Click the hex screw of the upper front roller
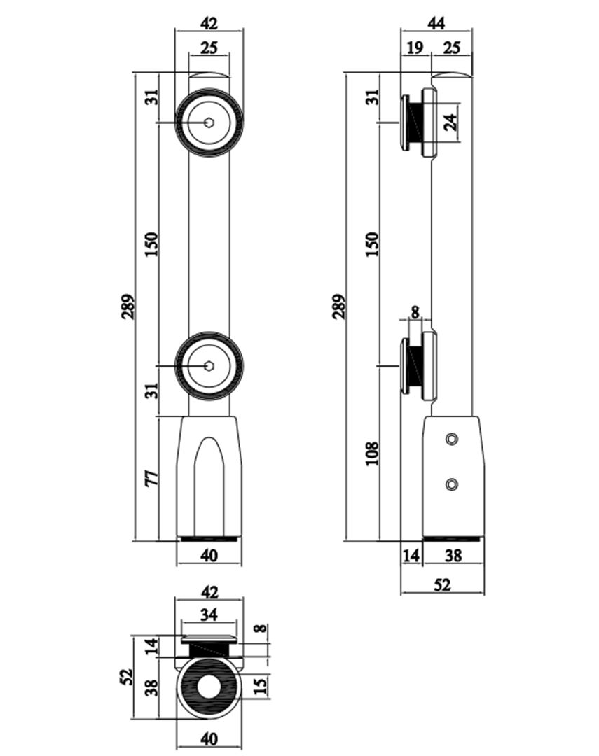click(209, 122)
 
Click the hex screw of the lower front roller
click(209, 366)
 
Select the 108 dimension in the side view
click(372, 454)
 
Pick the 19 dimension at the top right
click(414, 48)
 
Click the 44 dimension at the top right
click(436, 23)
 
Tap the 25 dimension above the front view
click(209, 48)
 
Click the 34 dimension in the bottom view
click(209, 615)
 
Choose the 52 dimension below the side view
click(442, 585)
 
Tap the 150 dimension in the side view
click(372, 242)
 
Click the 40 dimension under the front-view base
click(209, 556)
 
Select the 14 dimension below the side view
click(411, 556)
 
